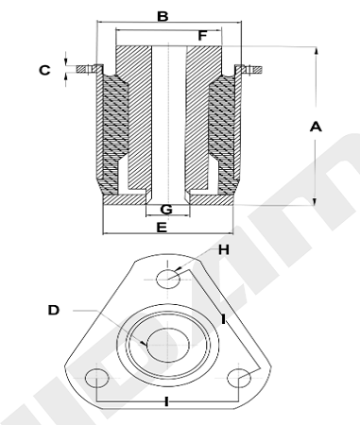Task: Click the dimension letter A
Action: tap(316, 127)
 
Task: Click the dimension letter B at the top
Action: tap(163, 16)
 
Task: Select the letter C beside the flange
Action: tap(44, 70)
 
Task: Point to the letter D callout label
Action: tap(54, 311)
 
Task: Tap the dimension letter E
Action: tap(162, 228)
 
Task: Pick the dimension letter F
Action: tap(202, 36)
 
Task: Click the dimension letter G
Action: tap(166, 210)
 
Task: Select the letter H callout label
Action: tap(224, 250)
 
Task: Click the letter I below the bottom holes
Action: tap(166, 401)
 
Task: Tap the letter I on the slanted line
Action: tap(223, 319)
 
